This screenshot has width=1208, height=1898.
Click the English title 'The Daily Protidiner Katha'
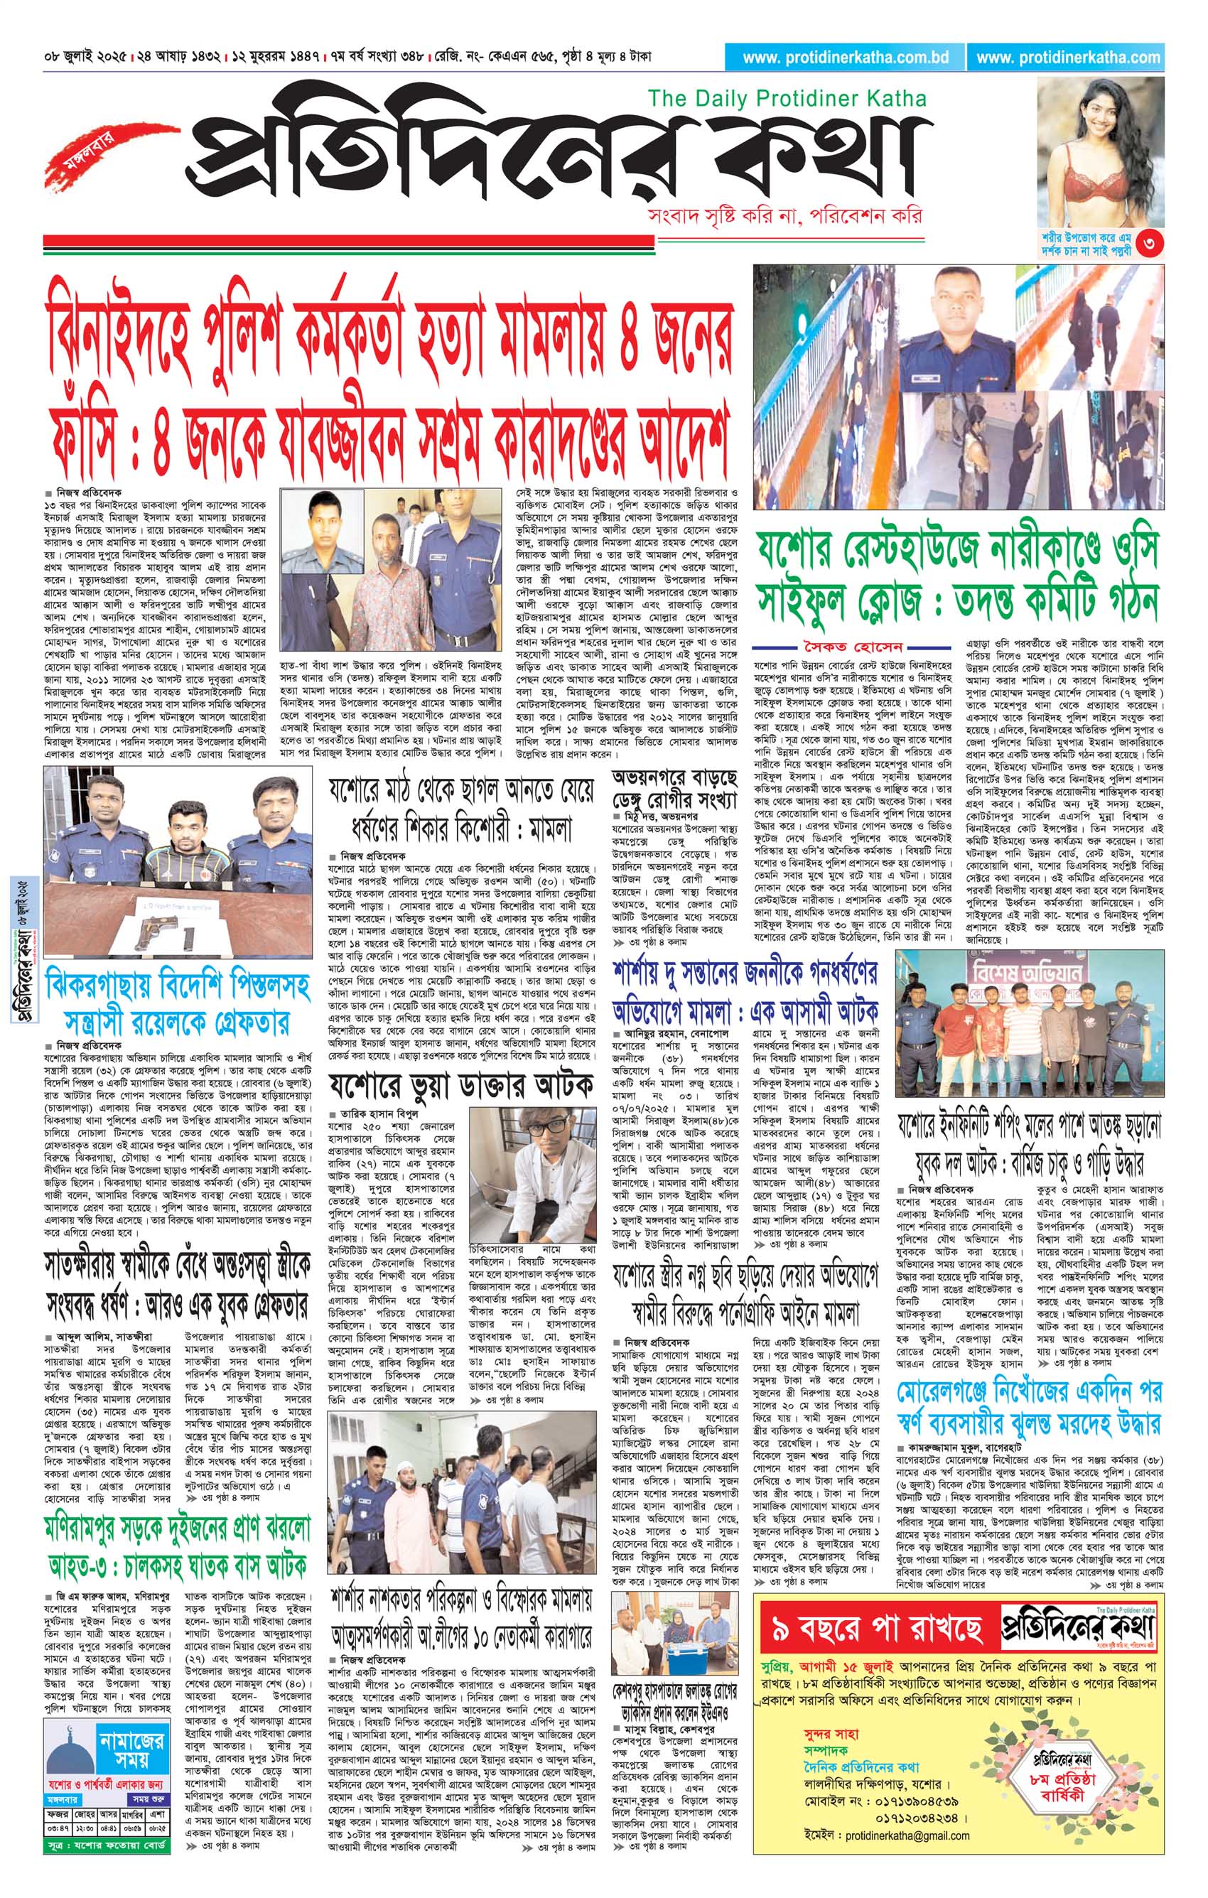coord(787,99)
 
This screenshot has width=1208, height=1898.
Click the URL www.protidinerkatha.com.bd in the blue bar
coord(845,58)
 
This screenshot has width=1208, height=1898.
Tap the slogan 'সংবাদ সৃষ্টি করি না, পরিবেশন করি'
coord(783,216)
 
